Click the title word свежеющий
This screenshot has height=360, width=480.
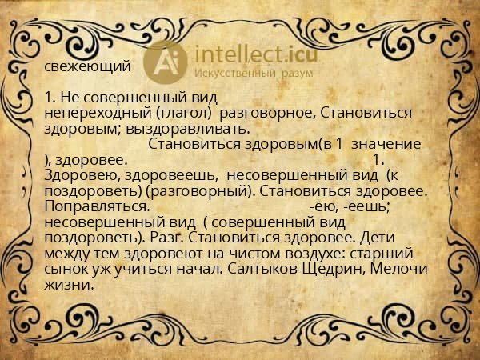pos(87,66)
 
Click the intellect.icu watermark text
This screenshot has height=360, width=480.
pos(249,54)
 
